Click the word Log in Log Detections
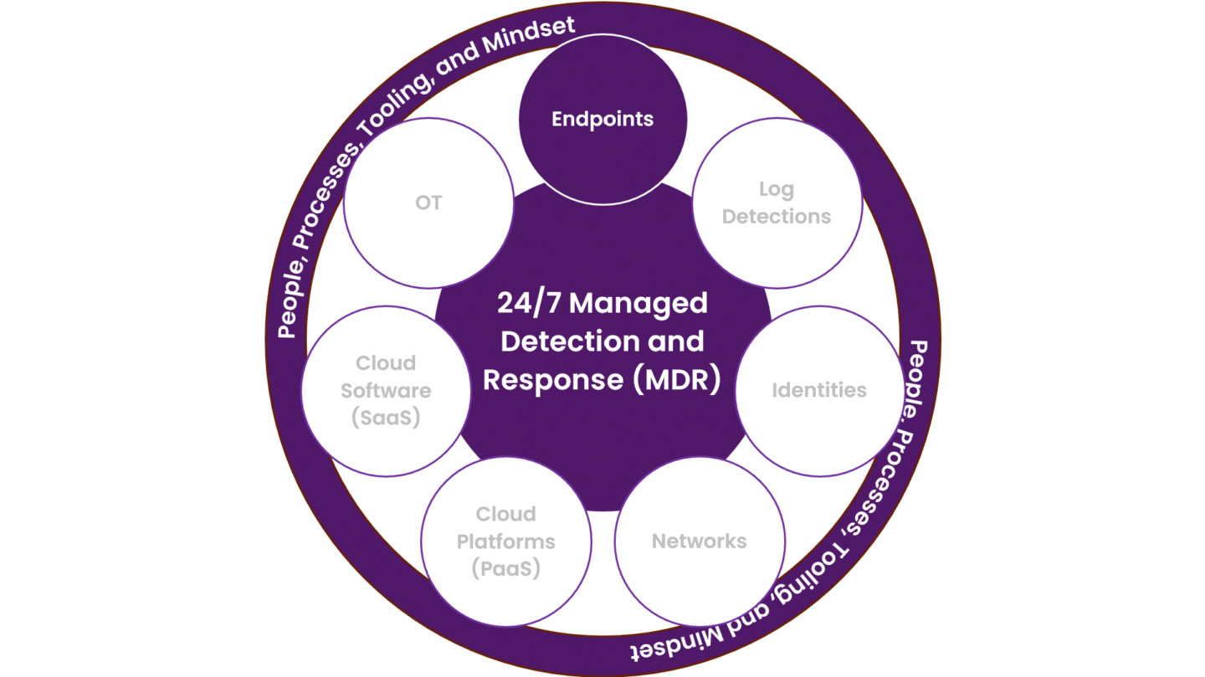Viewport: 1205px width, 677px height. point(776,189)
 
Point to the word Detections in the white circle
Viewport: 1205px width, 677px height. point(776,217)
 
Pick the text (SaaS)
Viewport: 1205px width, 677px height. point(386,418)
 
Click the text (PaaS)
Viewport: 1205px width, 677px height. point(505,569)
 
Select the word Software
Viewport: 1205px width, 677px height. point(386,391)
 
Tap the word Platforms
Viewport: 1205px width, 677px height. point(505,541)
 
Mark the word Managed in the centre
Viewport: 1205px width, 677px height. point(638,303)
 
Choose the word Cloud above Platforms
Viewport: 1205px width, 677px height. point(505,514)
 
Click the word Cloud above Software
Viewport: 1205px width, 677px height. point(386,363)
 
